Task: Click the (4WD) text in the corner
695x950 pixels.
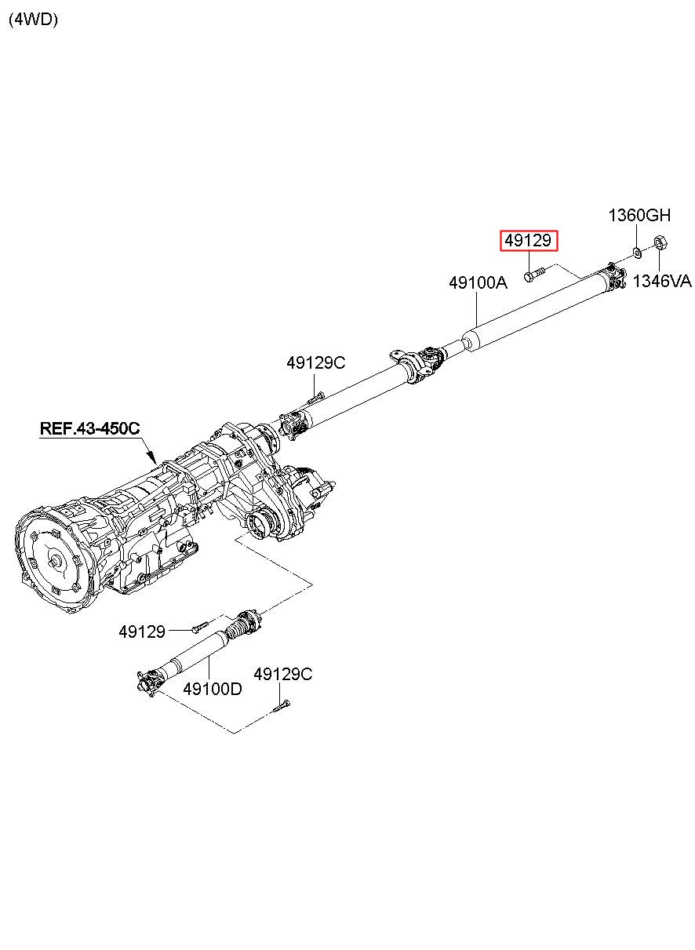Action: pyautogui.click(x=33, y=20)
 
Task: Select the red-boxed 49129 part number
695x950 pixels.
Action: pyautogui.click(x=528, y=241)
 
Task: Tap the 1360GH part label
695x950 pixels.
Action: pyautogui.click(x=639, y=216)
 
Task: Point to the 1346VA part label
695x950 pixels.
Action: pyautogui.click(x=662, y=281)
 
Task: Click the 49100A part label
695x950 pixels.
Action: pyautogui.click(x=478, y=282)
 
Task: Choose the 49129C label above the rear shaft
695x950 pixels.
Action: pyautogui.click(x=316, y=362)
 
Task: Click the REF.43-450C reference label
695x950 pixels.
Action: pyautogui.click(x=89, y=428)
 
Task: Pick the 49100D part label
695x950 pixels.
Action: pyautogui.click(x=213, y=689)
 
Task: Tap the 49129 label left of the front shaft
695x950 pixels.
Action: pyautogui.click(x=142, y=632)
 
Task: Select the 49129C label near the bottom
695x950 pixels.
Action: pyautogui.click(x=283, y=674)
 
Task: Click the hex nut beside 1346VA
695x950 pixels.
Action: pyautogui.click(x=660, y=242)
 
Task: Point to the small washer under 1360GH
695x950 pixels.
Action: pyautogui.click(x=637, y=253)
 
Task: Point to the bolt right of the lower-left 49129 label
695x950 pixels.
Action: pyautogui.click(x=200, y=627)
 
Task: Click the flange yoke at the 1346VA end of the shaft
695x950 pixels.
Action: pyautogui.click(x=616, y=275)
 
